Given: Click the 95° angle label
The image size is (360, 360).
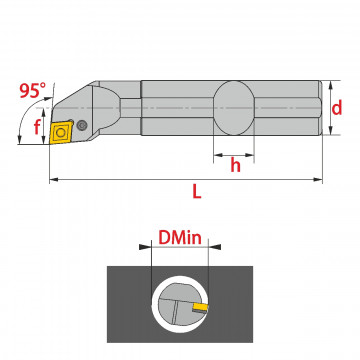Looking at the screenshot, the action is click(33, 90).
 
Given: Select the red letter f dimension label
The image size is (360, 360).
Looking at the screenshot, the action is click(37, 127).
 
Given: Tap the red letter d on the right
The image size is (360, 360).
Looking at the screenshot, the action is click(337, 108).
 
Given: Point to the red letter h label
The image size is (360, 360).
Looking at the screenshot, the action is click(235, 165).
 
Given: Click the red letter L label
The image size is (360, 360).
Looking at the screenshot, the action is click(197, 191).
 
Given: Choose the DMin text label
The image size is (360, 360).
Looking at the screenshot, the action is click(180, 238).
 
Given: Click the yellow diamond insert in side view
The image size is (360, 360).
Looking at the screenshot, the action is click(61, 132).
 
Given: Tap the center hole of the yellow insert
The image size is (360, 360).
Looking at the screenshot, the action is click(60, 133).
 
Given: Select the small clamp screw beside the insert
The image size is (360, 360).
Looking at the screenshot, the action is click(81, 125).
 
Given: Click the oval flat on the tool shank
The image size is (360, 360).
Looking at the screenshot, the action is click(234, 108).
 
